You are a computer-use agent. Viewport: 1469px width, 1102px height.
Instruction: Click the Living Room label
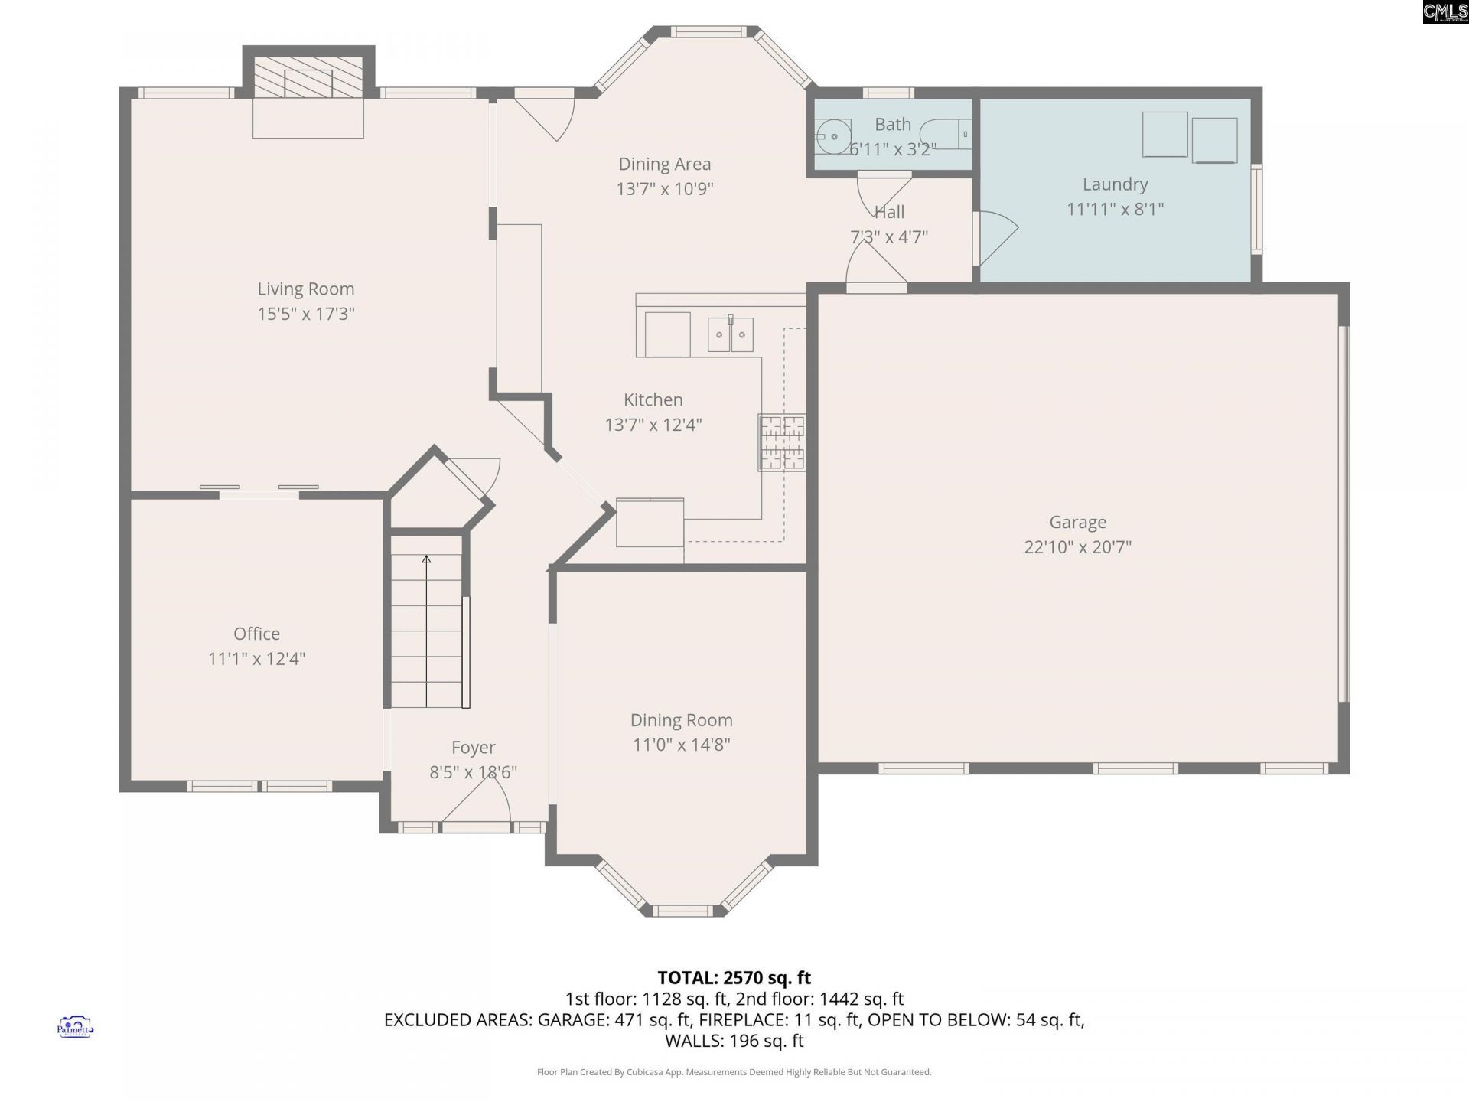306,289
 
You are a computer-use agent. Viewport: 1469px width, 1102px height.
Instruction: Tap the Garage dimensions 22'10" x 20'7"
1077,547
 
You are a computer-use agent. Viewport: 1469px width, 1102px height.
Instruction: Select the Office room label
256,634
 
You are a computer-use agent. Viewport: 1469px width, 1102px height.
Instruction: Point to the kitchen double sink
730,334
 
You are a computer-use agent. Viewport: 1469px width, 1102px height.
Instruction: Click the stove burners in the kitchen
782,442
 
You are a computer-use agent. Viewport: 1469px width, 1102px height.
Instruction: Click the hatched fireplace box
308,77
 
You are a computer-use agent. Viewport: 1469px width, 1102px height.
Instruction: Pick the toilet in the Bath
945,134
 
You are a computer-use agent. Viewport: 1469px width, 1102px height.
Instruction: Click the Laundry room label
1115,184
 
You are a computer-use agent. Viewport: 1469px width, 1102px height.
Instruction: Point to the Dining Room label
681,720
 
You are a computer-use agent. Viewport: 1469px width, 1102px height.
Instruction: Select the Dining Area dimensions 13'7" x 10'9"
665,189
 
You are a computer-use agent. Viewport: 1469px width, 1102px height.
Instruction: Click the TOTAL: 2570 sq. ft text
734,978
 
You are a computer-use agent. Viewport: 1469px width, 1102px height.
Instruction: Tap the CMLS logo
1445,12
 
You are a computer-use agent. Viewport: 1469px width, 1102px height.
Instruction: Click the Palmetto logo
75,1027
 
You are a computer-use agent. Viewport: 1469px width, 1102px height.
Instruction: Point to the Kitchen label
653,399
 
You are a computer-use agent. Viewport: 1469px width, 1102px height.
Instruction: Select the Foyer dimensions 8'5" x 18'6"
473,772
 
